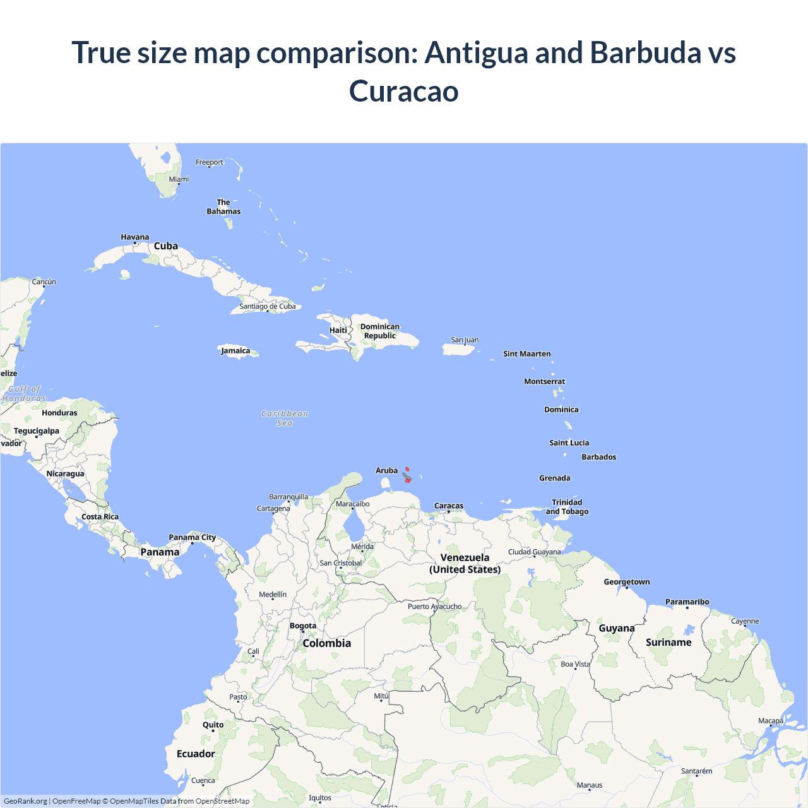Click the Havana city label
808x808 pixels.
pyautogui.click(x=135, y=237)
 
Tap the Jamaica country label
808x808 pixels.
pyautogui.click(x=235, y=351)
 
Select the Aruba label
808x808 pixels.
pyautogui.click(x=386, y=470)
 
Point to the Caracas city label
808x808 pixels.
pyautogui.click(x=449, y=506)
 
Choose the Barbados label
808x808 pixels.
pyautogui.click(x=598, y=457)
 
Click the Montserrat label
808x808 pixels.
pyautogui.click(x=544, y=381)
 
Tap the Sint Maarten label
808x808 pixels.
pyautogui.click(x=526, y=353)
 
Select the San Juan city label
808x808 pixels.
pyautogui.click(x=465, y=340)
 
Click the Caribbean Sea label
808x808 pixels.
pyautogui.click(x=285, y=418)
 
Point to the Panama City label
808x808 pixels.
pyautogui.click(x=192, y=537)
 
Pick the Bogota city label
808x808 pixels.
pyautogui.click(x=303, y=626)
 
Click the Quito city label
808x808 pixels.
pyautogui.click(x=213, y=725)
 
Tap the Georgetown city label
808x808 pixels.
pyautogui.click(x=626, y=582)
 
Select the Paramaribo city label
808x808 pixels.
pyautogui.click(x=687, y=602)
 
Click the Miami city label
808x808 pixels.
pyautogui.click(x=179, y=179)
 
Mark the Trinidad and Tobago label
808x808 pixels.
pyautogui.click(x=567, y=507)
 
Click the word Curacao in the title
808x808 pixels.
pyautogui.click(x=404, y=91)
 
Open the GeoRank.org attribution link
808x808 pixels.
pyautogui.click(x=25, y=801)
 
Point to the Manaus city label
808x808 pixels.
pyautogui.click(x=590, y=785)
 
